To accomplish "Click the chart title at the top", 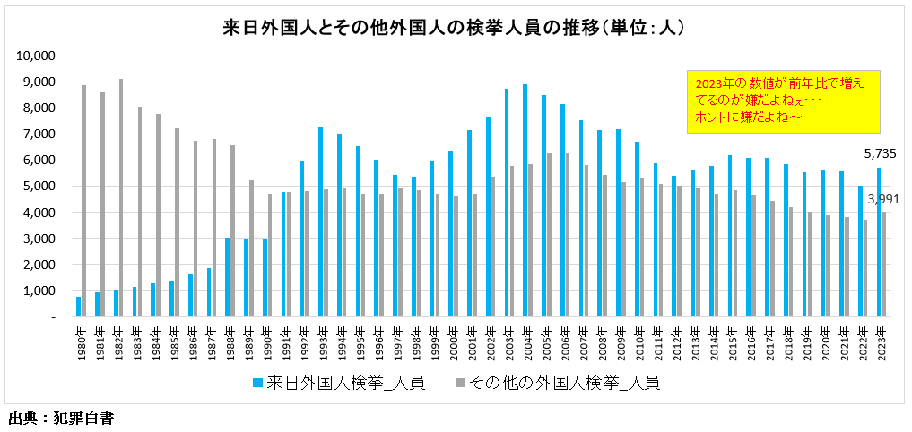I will [455, 28].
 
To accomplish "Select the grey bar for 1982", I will [121, 197].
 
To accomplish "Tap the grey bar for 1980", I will [83, 201].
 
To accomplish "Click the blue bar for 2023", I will [880, 242].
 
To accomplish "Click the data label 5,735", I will [879, 153].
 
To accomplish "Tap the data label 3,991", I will [886, 199].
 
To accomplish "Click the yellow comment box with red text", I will [783, 101].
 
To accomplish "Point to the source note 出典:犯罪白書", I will [61, 418].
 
